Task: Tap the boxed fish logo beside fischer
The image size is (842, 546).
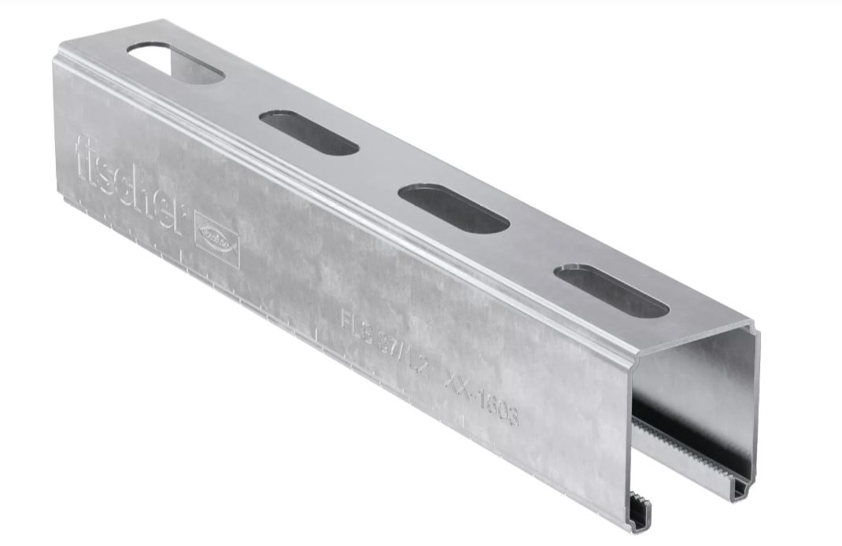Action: (215, 233)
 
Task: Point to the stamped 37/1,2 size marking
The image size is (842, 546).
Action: (401, 352)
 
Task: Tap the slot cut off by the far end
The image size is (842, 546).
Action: (175, 61)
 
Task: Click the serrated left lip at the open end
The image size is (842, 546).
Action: (641, 511)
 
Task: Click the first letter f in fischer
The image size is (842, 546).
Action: (82, 156)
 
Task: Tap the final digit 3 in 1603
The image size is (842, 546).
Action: (513, 419)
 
